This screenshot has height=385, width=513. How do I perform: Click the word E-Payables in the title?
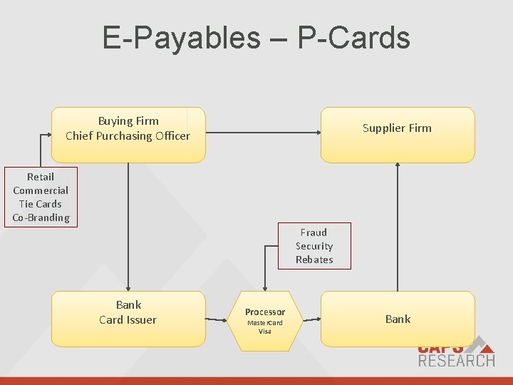pyautogui.click(x=182, y=37)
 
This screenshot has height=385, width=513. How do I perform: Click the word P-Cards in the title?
pyautogui.click(x=353, y=37)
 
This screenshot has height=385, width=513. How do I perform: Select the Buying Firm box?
pyautogui.click(x=128, y=135)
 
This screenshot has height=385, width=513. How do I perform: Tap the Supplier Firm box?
pyautogui.click(x=397, y=135)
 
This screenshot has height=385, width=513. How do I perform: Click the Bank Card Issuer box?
pyautogui.click(x=128, y=319)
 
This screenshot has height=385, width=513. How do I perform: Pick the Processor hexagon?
pyautogui.click(x=265, y=321)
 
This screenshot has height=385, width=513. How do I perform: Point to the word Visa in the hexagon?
pyautogui.click(x=265, y=332)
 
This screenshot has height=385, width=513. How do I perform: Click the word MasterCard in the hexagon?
pyautogui.click(x=265, y=323)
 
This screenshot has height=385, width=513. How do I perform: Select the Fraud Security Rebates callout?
pyautogui.click(x=314, y=246)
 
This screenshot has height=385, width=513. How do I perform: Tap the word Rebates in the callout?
pyautogui.click(x=314, y=260)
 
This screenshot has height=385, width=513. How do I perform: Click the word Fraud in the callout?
pyautogui.click(x=313, y=232)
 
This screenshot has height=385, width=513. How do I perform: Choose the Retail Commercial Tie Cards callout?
pyautogui.click(x=41, y=197)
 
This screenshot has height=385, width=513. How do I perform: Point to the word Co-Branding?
pyautogui.click(x=41, y=217)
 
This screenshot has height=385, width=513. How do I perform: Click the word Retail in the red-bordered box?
pyautogui.click(x=41, y=177)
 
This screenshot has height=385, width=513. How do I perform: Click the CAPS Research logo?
pyautogui.click(x=455, y=353)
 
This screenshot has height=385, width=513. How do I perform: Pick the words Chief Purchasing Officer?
pyautogui.click(x=128, y=136)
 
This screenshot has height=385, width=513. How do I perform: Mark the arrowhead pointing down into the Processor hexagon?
pyautogui.click(x=265, y=287)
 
